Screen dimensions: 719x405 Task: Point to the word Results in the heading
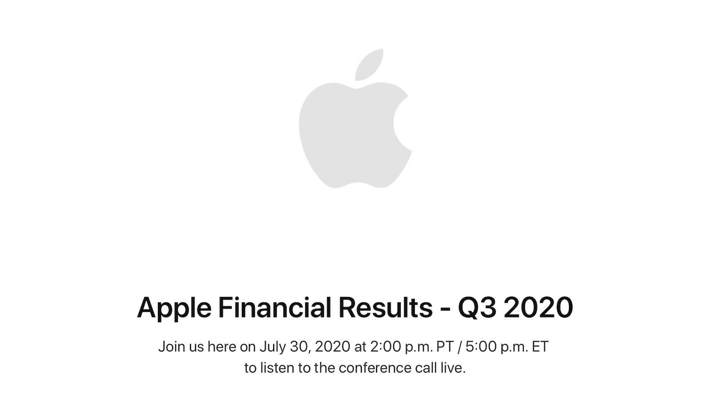(385, 307)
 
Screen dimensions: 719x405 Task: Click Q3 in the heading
(478, 308)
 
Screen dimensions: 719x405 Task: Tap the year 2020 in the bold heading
(538, 307)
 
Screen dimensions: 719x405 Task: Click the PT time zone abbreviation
(445, 347)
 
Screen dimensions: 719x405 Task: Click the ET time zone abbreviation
(540, 347)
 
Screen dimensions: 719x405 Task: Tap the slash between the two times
(460, 347)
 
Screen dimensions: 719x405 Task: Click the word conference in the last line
(375, 368)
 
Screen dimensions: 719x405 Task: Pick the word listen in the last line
(277, 368)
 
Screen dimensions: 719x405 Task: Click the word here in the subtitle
(222, 347)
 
